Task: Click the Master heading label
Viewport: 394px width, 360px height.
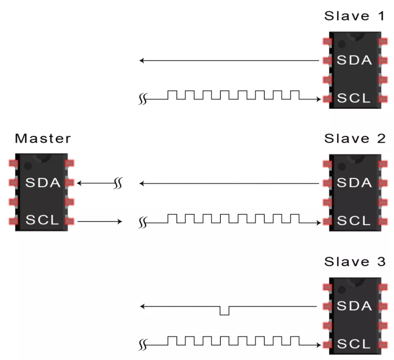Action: [43, 138]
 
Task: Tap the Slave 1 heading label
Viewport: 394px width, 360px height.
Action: [355, 17]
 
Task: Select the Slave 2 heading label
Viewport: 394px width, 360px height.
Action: [355, 138]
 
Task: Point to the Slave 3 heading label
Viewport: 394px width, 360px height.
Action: [355, 262]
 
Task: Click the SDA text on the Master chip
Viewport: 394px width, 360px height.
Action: [43, 182]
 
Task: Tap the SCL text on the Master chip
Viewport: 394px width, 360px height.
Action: [43, 221]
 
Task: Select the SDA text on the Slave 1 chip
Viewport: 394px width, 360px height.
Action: [354, 61]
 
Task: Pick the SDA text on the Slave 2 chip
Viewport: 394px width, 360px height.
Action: [354, 182]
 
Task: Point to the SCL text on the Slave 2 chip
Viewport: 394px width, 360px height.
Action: [354, 221]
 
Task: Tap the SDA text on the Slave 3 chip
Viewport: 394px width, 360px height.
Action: [354, 306]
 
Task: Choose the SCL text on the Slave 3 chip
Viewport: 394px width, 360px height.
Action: [354, 344]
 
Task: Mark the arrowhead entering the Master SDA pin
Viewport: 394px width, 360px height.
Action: [80, 182]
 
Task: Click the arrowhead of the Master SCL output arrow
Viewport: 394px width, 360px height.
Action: [120, 221]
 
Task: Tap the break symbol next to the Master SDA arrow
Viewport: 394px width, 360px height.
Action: [117, 182]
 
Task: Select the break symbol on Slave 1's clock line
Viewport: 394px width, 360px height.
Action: [143, 100]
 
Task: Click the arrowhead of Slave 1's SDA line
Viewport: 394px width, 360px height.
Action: [141, 61]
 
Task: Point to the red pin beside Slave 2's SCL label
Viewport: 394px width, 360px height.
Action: [327, 221]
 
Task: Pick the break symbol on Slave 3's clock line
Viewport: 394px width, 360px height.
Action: [143, 345]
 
